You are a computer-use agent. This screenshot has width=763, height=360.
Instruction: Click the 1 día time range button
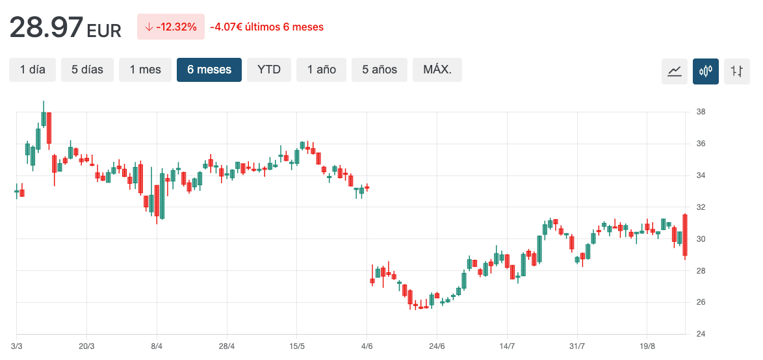pyautogui.click(x=32, y=70)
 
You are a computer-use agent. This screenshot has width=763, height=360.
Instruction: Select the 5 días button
pyautogui.click(x=87, y=70)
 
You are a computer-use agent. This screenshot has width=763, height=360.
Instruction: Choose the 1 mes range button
pyautogui.click(x=145, y=70)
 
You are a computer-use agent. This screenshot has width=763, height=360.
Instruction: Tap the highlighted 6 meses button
pyautogui.click(x=209, y=70)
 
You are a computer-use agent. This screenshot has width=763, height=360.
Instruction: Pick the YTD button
pyautogui.click(x=269, y=70)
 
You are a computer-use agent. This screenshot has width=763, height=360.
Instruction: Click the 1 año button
pyautogui.click(x=322, y=70)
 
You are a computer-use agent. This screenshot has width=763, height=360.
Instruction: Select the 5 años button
pyautogui.click(x=380, y=70)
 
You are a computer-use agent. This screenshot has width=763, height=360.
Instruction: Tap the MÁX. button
pyautogui.click(x=437, y=70)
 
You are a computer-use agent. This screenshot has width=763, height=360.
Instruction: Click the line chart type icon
pyautogui.click(x=674, y=71)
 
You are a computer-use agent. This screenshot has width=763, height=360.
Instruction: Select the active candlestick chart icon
pyautogui.click(x=705, y=71)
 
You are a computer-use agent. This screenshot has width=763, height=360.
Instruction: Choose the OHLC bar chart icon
pyautogui.click(x=736, y=71)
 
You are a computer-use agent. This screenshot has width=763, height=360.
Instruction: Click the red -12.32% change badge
pyautogui.click(x=170, y=27)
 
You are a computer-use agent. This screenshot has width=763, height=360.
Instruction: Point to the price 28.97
pyautogui.click(x=46, y=27)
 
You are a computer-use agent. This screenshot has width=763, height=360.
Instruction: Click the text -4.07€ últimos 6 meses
pyautogui.click(x=266, y=27)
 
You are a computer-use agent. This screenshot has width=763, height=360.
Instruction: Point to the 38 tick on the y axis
pyautogui.click(x=701, y=112)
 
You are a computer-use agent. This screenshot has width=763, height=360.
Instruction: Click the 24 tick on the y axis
pyautogui.click(x=701, y=334)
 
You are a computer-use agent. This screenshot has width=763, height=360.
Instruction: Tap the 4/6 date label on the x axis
pyautogui.click(x=367, y=346)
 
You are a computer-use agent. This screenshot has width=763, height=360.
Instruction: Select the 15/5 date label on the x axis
pyautogui.click(x=296, y=346)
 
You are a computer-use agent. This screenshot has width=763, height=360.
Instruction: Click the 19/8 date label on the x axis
pyautogui.click(x=647, y=346)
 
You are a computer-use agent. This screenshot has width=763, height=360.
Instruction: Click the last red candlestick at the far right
pyautogui.click(x=685, y=235)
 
